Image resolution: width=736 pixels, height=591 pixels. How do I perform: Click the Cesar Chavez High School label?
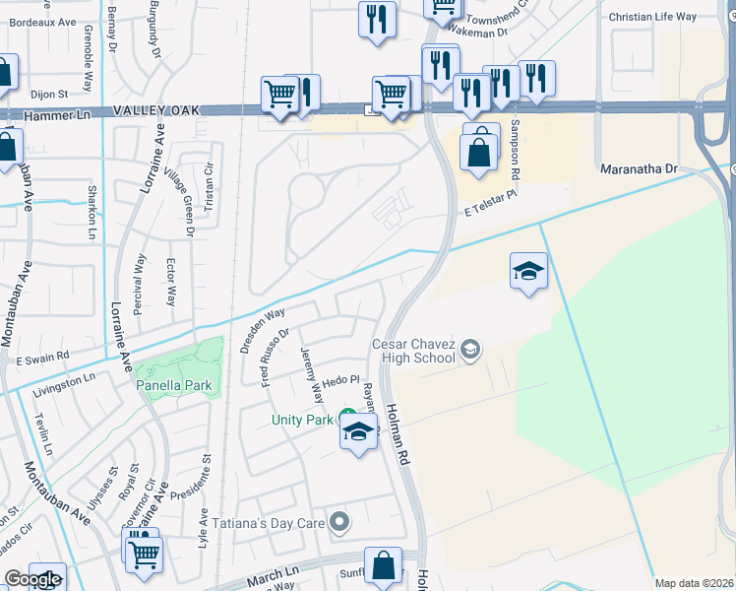(413, 351)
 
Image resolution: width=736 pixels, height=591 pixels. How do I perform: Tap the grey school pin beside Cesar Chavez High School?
(471, 349)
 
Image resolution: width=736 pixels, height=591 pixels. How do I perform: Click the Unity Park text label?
(303, 421)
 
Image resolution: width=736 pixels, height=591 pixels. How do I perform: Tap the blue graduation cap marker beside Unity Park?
(358, 432)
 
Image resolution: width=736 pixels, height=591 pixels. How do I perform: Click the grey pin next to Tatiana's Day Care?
(340, 521)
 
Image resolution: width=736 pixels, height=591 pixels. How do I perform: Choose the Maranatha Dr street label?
(640, 169)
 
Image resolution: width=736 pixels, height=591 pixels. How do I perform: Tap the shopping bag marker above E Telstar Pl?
(479, 153)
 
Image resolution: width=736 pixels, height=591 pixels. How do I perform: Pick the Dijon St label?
(48, 95)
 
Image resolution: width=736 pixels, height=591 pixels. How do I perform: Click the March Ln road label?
(273, 574)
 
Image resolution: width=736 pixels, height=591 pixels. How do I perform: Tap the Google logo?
(32, 579)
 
